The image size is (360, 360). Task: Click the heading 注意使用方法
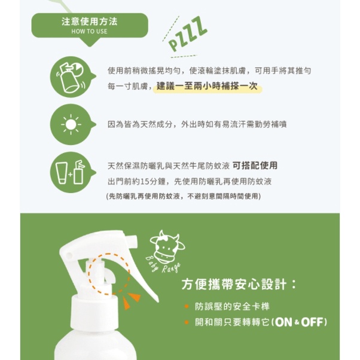(89, 22)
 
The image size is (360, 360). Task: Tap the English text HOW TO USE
(89, 32)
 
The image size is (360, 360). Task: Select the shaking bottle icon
(71, 77)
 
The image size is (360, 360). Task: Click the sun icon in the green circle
(71, 124)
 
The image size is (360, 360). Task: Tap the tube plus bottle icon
(71, 172)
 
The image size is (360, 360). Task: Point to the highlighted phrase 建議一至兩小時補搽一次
(207, 86)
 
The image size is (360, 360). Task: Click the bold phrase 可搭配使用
(255, 166)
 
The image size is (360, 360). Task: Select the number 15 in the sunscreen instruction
(144, 182)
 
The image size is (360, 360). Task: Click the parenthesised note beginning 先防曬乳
(184, 196)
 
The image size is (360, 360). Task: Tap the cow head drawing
(167, 246)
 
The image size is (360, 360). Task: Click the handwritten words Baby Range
(163, 265)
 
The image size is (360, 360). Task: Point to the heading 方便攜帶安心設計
(239, 285)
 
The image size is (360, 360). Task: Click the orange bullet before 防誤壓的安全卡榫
(187, 307)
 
